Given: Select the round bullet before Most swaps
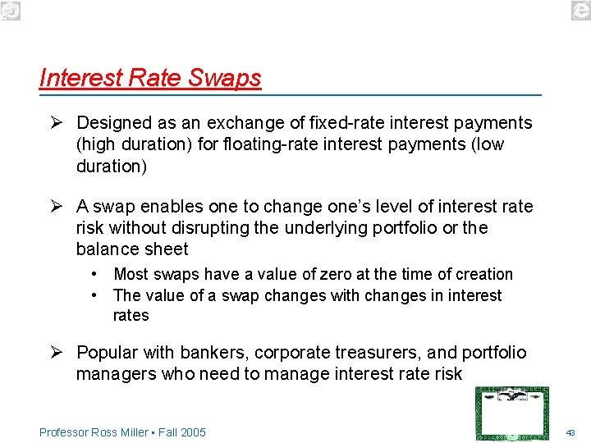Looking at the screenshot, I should click(x=96, y=274).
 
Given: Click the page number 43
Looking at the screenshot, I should click(x=570, y=432).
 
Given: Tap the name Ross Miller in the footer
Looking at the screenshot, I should click(x=121, y=432).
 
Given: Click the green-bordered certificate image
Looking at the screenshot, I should click(x=512, y=413).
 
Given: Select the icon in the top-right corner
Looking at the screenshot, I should click(x=580, y=10).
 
